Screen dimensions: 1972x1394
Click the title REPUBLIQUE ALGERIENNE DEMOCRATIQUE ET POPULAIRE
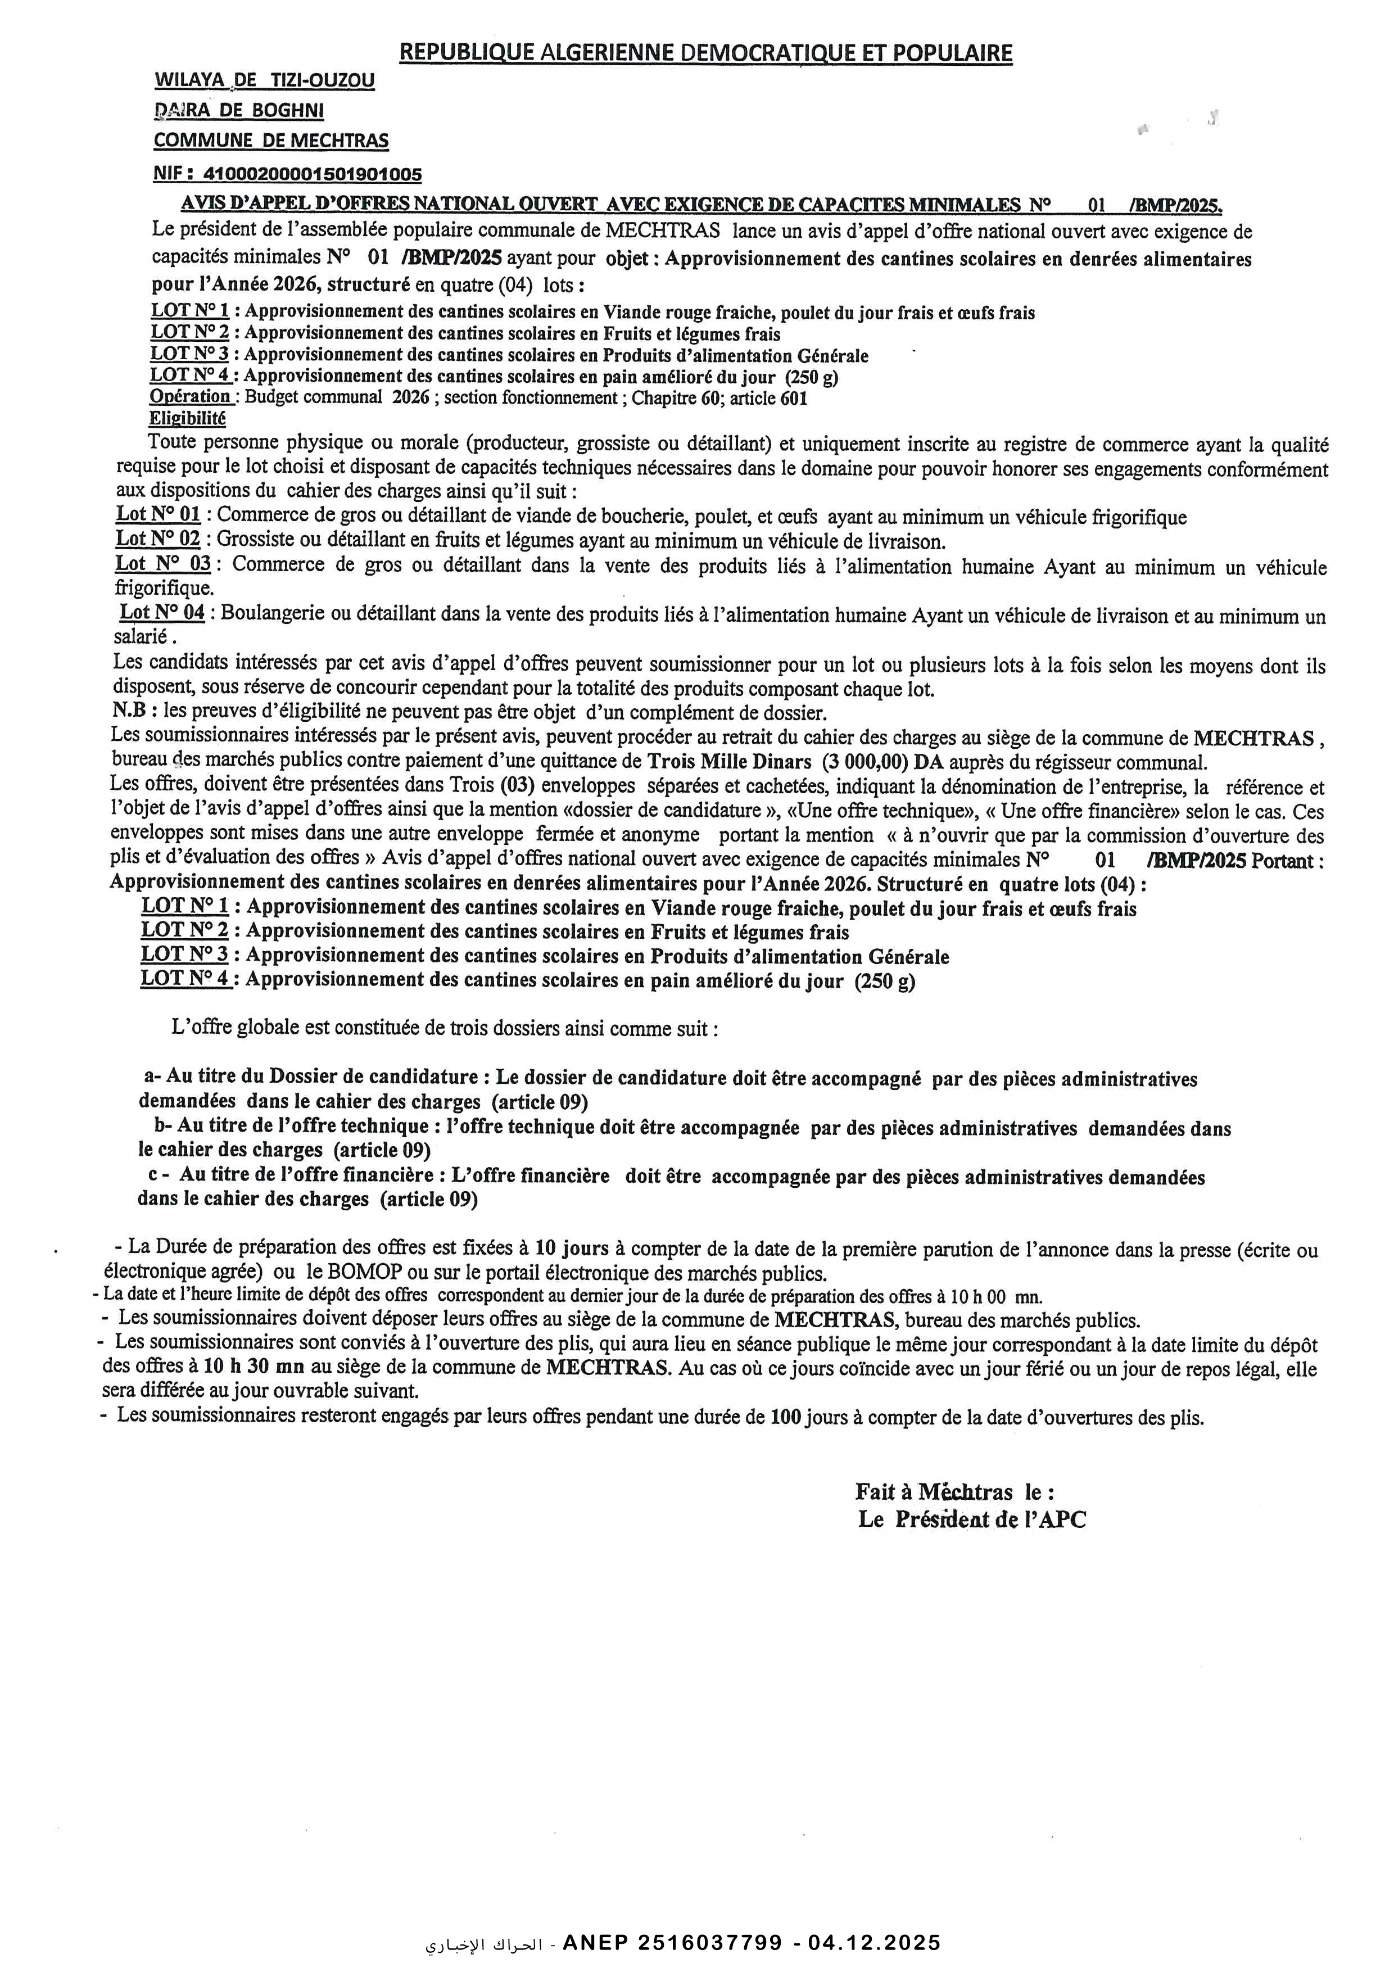coord(706,53)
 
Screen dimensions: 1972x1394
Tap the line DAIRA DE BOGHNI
coord(239,111)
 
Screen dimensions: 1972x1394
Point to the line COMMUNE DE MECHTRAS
coord(270,140)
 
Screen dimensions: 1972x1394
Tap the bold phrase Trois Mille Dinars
coord(728,762)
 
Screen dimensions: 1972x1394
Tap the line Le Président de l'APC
coord(971,1520)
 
